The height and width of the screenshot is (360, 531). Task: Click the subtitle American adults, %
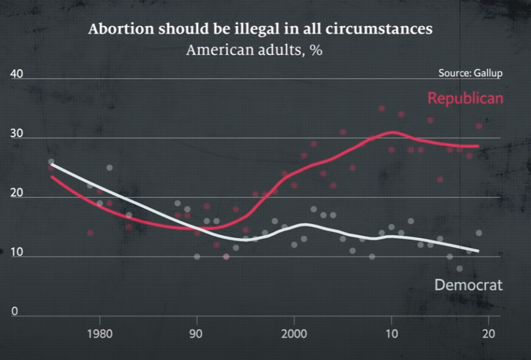254,50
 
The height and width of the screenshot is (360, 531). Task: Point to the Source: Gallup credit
470,73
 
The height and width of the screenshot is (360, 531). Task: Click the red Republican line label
465,98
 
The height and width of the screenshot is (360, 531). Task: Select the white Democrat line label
468,284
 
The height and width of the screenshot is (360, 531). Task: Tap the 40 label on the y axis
16,74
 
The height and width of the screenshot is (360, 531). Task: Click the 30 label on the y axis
16,134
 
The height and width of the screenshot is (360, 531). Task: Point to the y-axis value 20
16,193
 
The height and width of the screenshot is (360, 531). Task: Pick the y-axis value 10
16,252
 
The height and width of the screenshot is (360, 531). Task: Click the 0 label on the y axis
15,311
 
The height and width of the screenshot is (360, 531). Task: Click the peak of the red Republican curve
393,132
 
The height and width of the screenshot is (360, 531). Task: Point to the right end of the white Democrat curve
479,251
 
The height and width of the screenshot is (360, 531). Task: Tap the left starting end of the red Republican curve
51,177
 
